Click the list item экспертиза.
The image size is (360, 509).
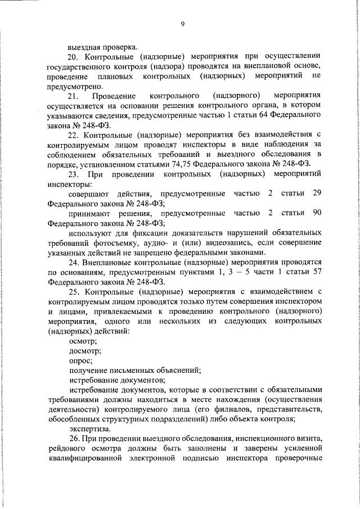point(87,428)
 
